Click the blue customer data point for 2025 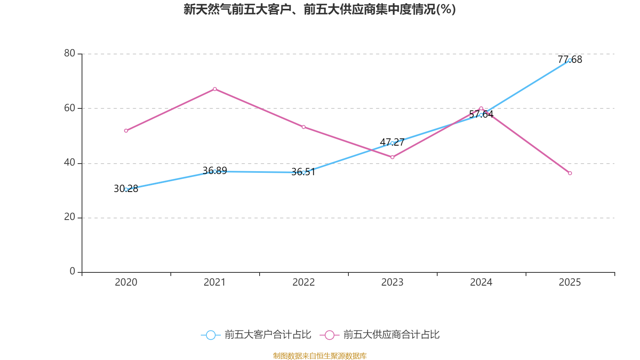click(570, 60)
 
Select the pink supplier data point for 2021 click(215, 89)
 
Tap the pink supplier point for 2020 click(126, 131)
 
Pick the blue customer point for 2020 click(126, 189)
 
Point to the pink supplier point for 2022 click(304, 127)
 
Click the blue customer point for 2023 click(392, 143)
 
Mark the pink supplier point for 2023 click(392, 157)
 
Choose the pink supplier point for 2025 click(570, 173)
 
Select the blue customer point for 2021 click(215, 171)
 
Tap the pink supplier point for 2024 click(481, 108)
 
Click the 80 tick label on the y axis click(70, 53)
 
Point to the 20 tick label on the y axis click(70, 217)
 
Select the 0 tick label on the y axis click(72, 271)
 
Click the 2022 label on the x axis click(304, 282)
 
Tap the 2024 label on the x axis click(481, 282)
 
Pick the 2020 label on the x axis click(126, 282)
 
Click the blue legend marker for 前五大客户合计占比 click(211, 335)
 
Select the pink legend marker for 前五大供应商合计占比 click(330, 335)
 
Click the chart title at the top click(320, 9)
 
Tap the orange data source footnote click(320, 356)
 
